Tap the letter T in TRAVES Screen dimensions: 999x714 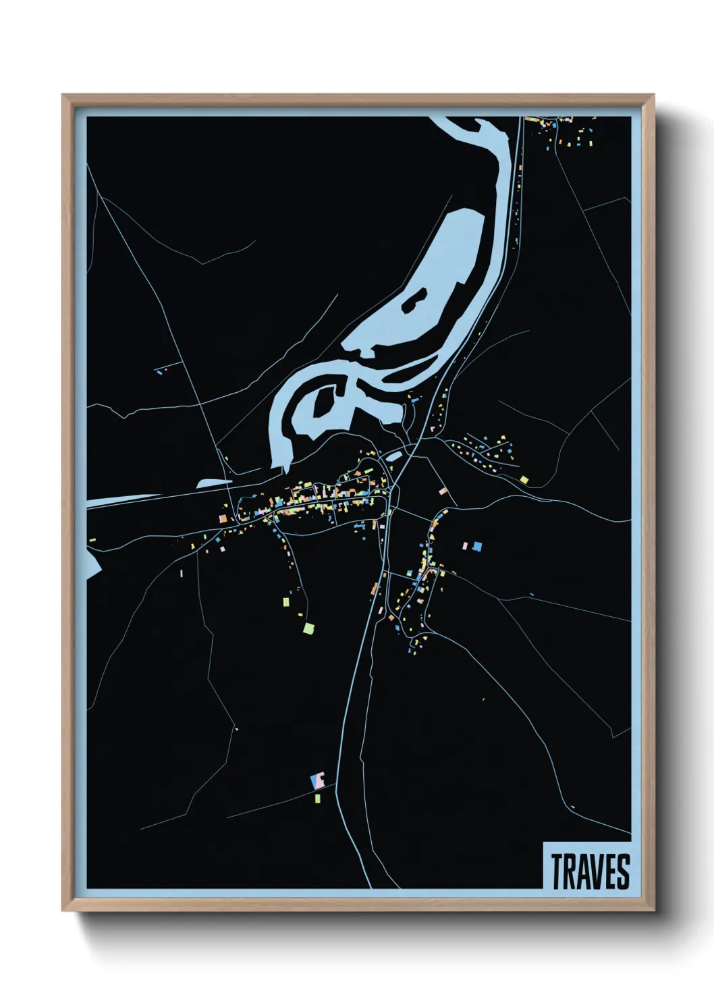pyautogui.click(x=557, y=871)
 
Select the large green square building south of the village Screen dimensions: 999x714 pyautogui.click(x=308, y=628)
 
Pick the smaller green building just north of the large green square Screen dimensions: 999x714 pyautogui.click(x=285, y=601)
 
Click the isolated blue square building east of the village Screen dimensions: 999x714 pyautogui.click(x=478, y=546)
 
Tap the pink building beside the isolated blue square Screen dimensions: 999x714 pyautogui.click(x=466, y=544)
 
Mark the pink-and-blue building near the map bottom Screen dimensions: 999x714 pyautogui.click(x=318, y=780)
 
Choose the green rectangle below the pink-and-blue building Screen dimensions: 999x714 pyautogui.click(x=318, y=799)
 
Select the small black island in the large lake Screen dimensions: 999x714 pyautogui.click(x=414, y=300)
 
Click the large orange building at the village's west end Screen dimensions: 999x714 pyautogui.click(x=223, y=518)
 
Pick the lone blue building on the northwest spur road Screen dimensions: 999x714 pyautogui.click(x=159, y=371)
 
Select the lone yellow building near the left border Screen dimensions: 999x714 pyautogui.click(x=92, y=539)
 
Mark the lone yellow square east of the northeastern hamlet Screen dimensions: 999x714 pyautogui.click(x=524, y=480)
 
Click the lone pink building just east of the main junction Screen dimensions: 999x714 pyautogui.click(x=443, y=491)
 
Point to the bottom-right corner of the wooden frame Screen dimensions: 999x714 pyautogui.click(x=653, y=909)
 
